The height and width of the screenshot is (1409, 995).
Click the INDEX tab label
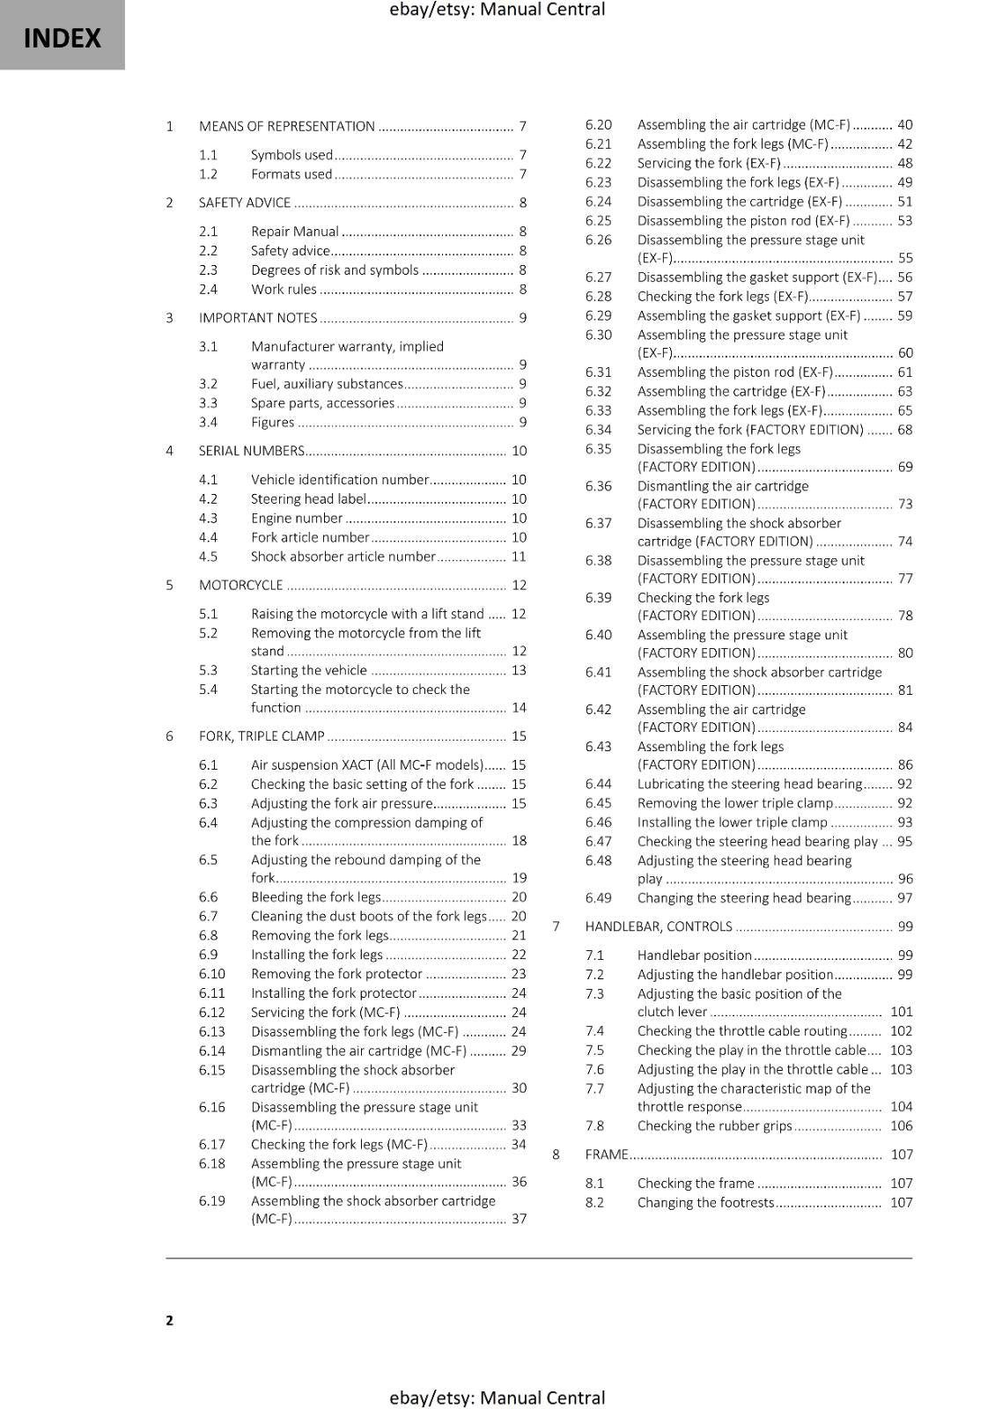[x=62, y=39]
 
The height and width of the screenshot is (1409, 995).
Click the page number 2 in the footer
[x=169, y=1320]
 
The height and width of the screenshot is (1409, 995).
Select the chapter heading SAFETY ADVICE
[x=244, y=203]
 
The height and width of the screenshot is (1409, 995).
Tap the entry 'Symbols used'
[x=291, y=155]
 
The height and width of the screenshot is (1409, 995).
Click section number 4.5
[x=208, y=557]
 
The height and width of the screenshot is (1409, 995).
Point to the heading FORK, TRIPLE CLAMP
[x=262, y=736]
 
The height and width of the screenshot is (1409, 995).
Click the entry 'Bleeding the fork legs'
[x=315, y=897]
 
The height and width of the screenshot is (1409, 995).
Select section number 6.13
[x=211, y=1032]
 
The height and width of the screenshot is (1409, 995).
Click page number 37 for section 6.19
[x=519, y=1219]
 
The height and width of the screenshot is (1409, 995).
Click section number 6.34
[x=598, y=430]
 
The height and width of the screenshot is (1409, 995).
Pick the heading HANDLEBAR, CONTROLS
[x=658, y=926]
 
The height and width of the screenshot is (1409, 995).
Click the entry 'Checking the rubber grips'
[x=714, y=1126]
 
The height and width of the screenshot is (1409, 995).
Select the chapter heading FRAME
[x=606, y=1154]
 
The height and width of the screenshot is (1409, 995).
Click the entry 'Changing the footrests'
[x=705, y=1203]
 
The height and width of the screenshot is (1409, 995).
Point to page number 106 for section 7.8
[x=901, y=1126]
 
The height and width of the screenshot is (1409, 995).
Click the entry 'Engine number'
[x=296, y=519]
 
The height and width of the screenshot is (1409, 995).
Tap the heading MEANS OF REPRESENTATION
[x=286, y=127]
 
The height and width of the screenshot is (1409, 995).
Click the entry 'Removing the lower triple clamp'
[x=734, y=803]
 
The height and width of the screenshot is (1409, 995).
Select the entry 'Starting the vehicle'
[x=308, y=670]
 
